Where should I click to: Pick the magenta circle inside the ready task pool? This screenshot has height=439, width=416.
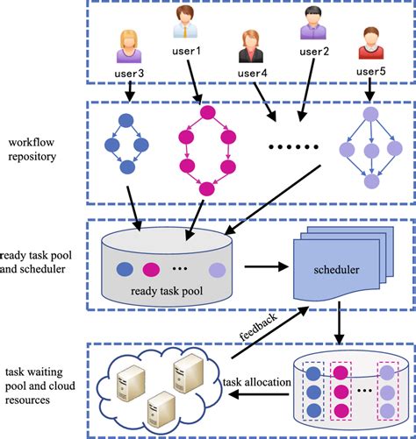[x=150, y=268]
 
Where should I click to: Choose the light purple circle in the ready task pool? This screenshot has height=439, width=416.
[x=217, y=269]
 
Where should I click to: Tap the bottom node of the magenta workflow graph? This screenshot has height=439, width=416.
[x=206, y=188]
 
